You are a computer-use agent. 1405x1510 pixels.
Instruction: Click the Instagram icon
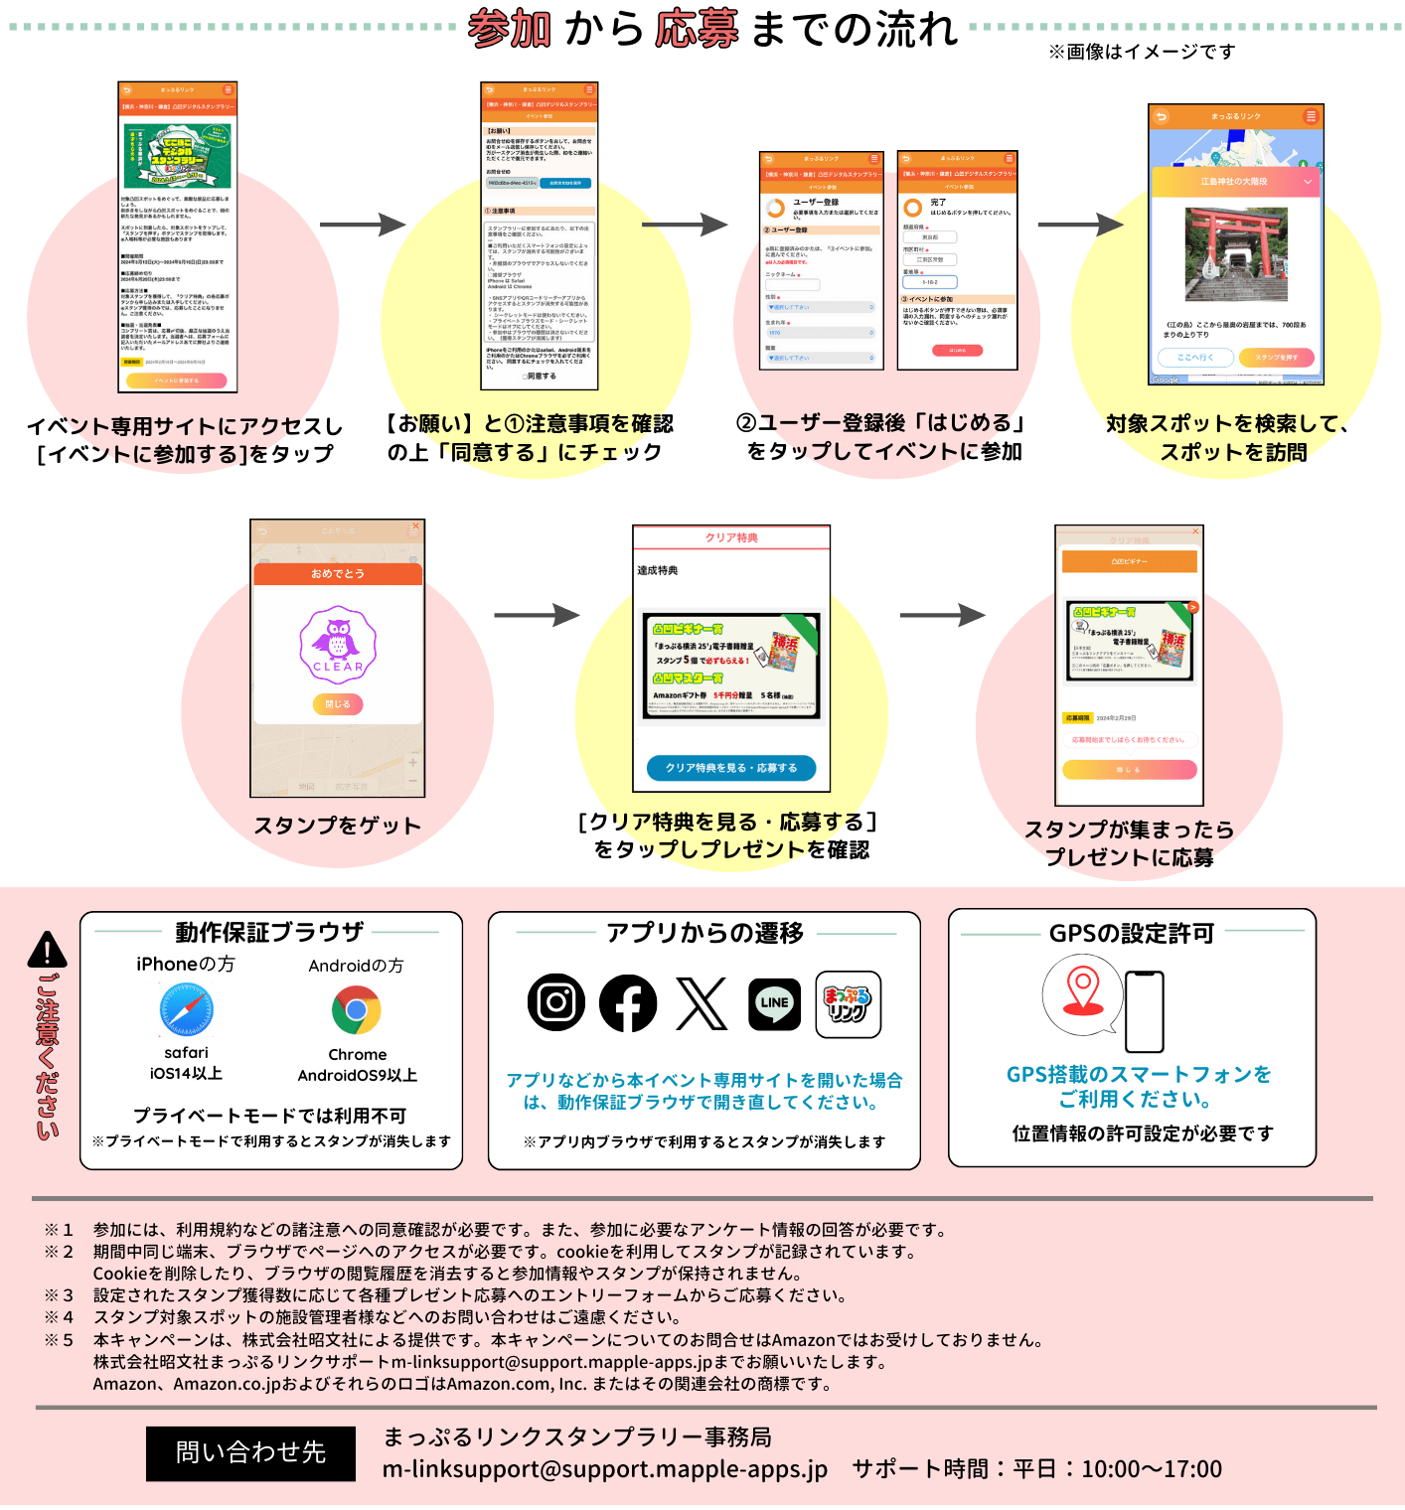(555, 1002)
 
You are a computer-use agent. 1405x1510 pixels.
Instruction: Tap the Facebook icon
(628, 1003)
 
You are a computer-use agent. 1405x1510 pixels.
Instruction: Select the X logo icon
(702, 1003)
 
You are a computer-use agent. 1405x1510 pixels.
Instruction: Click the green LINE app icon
(774, 1003)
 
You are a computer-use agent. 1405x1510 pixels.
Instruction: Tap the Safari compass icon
(186, 1010)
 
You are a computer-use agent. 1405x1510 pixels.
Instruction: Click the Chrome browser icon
(356, 1010)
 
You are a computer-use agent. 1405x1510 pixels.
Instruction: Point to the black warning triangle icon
(47, 950)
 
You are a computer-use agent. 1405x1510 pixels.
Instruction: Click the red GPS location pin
(1082, 991)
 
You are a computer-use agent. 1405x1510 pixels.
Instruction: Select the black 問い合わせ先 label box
(250, 1453)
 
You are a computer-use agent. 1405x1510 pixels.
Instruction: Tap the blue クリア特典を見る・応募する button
(731, 768)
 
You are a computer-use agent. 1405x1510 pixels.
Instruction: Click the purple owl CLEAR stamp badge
(338, 646)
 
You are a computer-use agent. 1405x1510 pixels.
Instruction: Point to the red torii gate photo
(1236, 254)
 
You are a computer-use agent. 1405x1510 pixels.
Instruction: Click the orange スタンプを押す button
(1277, 358)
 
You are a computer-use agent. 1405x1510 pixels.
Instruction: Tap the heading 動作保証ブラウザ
(269, 933)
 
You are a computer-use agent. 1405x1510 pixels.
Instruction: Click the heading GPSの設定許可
(1132, 934)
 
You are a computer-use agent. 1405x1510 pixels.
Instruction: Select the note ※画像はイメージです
(1142, 52)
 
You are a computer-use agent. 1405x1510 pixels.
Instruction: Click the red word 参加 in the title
(509, 29)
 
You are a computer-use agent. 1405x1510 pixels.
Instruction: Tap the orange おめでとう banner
(338, 574)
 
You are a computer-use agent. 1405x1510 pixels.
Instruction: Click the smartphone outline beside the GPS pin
(1144, 1011)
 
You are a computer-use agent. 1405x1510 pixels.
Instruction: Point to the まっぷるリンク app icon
(848, 1004)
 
